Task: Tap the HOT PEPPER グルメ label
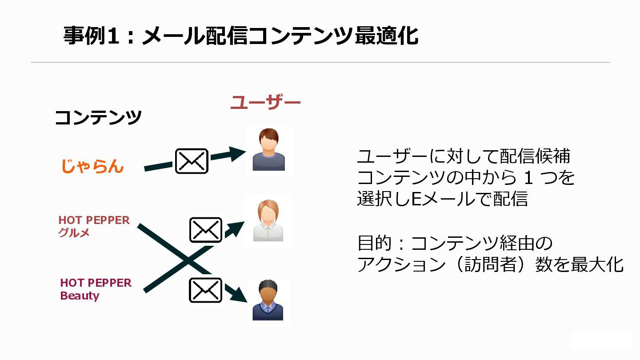click(94, 226)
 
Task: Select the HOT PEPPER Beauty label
click(96, 289)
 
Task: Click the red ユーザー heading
click(265, 103)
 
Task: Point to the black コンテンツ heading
click(98, 118)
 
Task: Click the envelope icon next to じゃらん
click(192, 161)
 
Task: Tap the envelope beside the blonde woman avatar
click(205, 230)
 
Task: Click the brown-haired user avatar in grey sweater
click(269, 150)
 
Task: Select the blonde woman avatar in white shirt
click(268, 221)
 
